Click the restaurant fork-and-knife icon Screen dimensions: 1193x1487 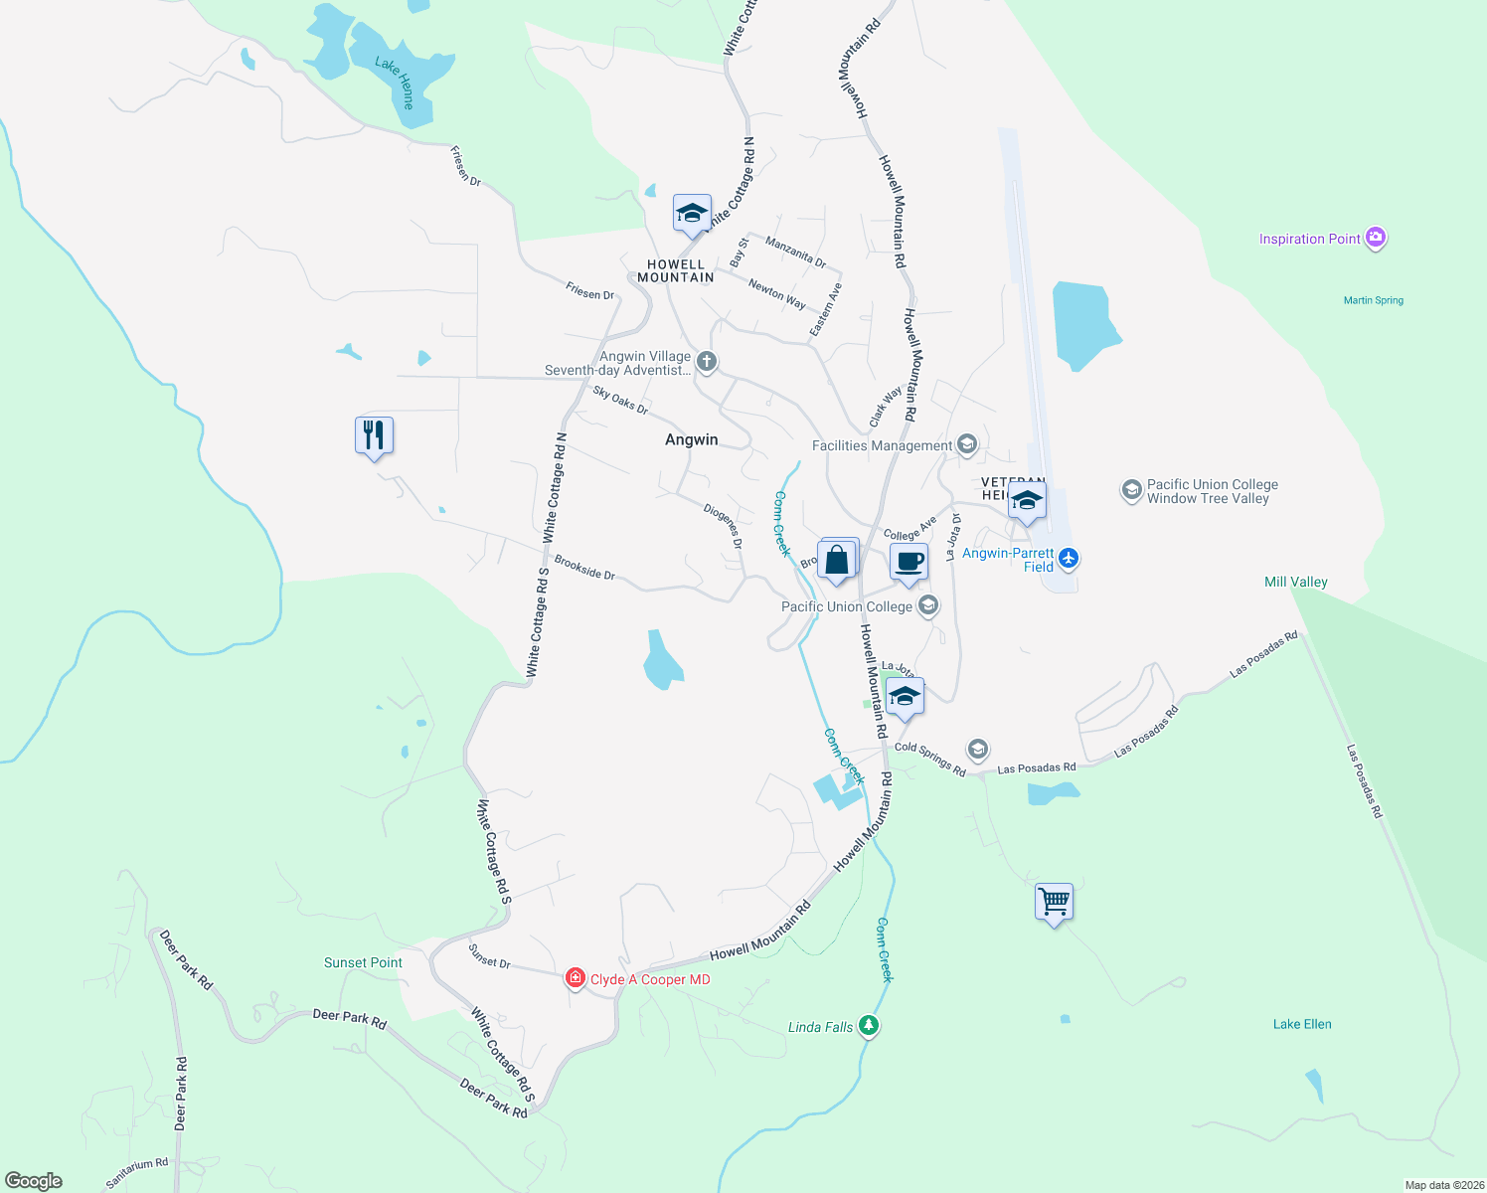(x=374, y=435)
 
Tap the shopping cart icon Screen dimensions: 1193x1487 (x=1054, y=902)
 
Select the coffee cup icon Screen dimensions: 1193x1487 (x=909, y=562)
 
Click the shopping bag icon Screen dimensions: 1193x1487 (x=837, y=560)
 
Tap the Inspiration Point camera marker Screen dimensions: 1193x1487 (x=1376, y=238)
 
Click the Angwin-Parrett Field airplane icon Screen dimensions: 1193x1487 (x=1069, y=558)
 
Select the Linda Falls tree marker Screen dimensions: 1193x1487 (x=869, y=1025)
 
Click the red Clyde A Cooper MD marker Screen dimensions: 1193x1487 (x=575, y=978)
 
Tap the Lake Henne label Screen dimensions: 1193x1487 (x=395, y=82)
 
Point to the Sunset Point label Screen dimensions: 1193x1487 (x=363, y=962)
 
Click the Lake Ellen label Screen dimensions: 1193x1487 (x=1302, y=1024)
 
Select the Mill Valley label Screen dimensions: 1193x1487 (x=1295, y=582)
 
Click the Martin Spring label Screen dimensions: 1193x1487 (x=1374, y=300)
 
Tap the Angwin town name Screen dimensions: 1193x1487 (x=691, y=439)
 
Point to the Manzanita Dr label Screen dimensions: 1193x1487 (x=795, y=253)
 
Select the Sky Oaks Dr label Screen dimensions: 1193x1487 (x=620, y=400)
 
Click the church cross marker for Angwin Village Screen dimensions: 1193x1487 (x=707, y=361)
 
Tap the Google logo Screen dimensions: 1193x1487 (x=34, y=1180)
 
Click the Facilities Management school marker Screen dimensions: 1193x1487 (x=967, y=445)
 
